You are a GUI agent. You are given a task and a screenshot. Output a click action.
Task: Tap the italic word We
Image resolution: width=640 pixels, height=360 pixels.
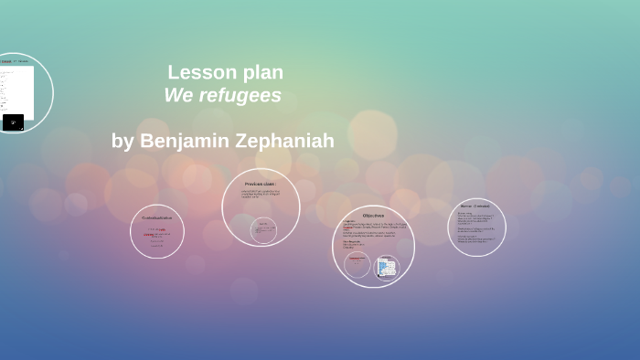coord(179,95)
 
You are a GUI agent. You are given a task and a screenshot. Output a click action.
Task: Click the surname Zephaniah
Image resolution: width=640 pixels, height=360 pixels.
coord(285,141)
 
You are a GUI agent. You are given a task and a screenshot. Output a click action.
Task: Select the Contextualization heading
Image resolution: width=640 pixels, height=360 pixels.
coord(157,217)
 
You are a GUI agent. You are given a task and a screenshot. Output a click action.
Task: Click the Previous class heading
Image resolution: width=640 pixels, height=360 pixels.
coord(260,184)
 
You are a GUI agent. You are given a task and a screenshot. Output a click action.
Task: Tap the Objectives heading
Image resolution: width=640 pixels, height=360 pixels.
coord(373,216)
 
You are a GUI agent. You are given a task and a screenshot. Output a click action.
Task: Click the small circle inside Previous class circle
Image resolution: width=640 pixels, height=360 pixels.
coord(263,229)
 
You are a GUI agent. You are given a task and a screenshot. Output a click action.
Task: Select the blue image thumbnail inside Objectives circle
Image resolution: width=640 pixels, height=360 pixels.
coord(387,267)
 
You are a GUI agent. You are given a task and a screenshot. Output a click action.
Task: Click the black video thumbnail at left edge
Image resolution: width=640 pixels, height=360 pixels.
coord(13,122)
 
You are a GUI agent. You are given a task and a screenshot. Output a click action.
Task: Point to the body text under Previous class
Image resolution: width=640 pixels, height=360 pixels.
coord(261,194)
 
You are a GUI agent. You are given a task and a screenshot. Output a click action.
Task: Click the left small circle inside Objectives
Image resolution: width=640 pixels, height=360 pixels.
coord(357,265)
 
